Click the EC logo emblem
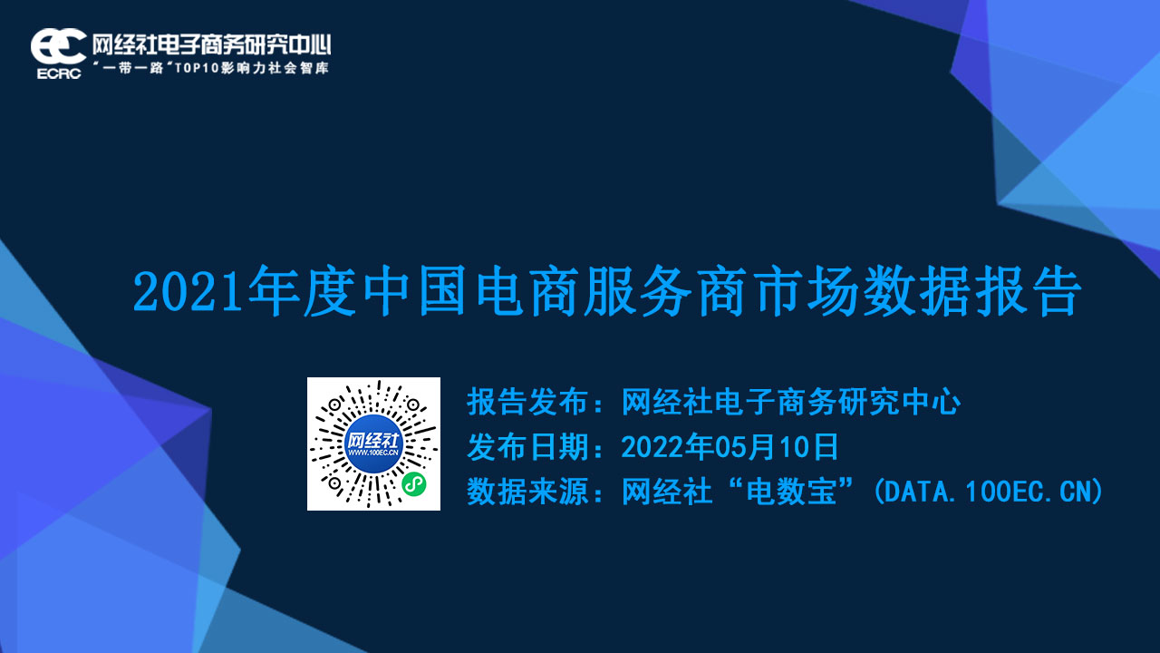58,46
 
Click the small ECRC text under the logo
59,74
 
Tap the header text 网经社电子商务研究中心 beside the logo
211,45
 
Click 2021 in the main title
188,293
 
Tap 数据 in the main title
915,291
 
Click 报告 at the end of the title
1028,291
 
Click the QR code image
373,443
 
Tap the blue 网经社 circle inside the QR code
373,443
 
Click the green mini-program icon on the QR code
414,484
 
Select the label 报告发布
527,402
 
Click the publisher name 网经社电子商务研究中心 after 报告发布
791,402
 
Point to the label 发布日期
527,447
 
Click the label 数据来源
527,492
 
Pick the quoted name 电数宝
791,492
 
